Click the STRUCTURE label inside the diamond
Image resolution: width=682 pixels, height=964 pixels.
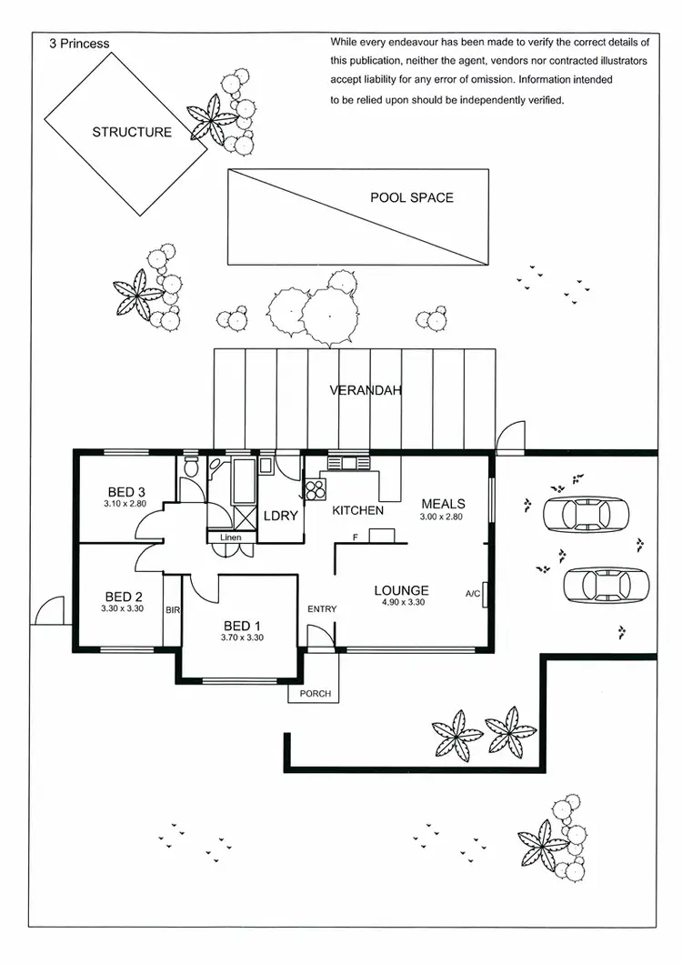tap(132, 132)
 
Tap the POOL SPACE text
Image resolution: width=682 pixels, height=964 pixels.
tap(411, 197)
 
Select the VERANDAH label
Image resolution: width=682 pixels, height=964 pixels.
tap(366, 390)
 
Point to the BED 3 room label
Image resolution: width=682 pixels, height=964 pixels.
tap(125, 492)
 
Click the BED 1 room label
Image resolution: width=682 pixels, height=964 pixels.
tap(242, 626)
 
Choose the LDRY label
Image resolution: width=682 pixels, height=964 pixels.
tap(281, 515)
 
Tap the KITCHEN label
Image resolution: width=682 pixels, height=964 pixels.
tap(357, 511)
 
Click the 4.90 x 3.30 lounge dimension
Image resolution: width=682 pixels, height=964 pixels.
tap(401, 602)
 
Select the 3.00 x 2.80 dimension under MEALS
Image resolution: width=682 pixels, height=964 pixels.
tap(443, 517)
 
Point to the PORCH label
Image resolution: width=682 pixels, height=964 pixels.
tap(315, 694)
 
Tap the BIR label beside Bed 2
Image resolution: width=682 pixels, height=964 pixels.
tap(172, 610)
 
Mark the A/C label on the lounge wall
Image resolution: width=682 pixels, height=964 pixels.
tap(473, 594)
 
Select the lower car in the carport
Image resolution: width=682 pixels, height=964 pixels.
tap(606, 584)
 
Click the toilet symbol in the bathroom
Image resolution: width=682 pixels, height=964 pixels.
tap(190, 467)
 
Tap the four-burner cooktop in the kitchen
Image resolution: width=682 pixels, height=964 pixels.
tap(316, 490)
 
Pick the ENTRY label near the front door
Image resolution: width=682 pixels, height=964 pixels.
tap(322, 609)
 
